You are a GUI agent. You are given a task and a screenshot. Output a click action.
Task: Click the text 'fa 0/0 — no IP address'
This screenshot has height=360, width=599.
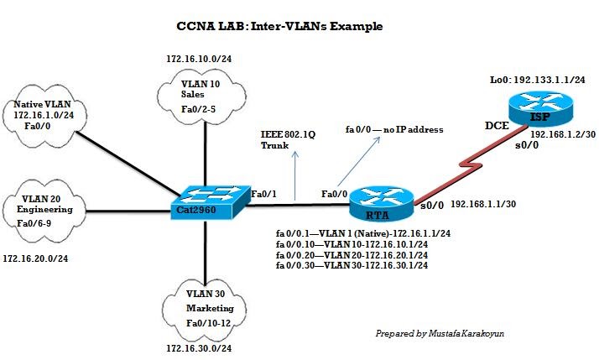(393, 130)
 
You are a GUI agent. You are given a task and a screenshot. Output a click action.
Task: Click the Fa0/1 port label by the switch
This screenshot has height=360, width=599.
(263, 194)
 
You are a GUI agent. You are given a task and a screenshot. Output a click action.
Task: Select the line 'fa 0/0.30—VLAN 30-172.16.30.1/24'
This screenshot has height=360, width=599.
(352, 264)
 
